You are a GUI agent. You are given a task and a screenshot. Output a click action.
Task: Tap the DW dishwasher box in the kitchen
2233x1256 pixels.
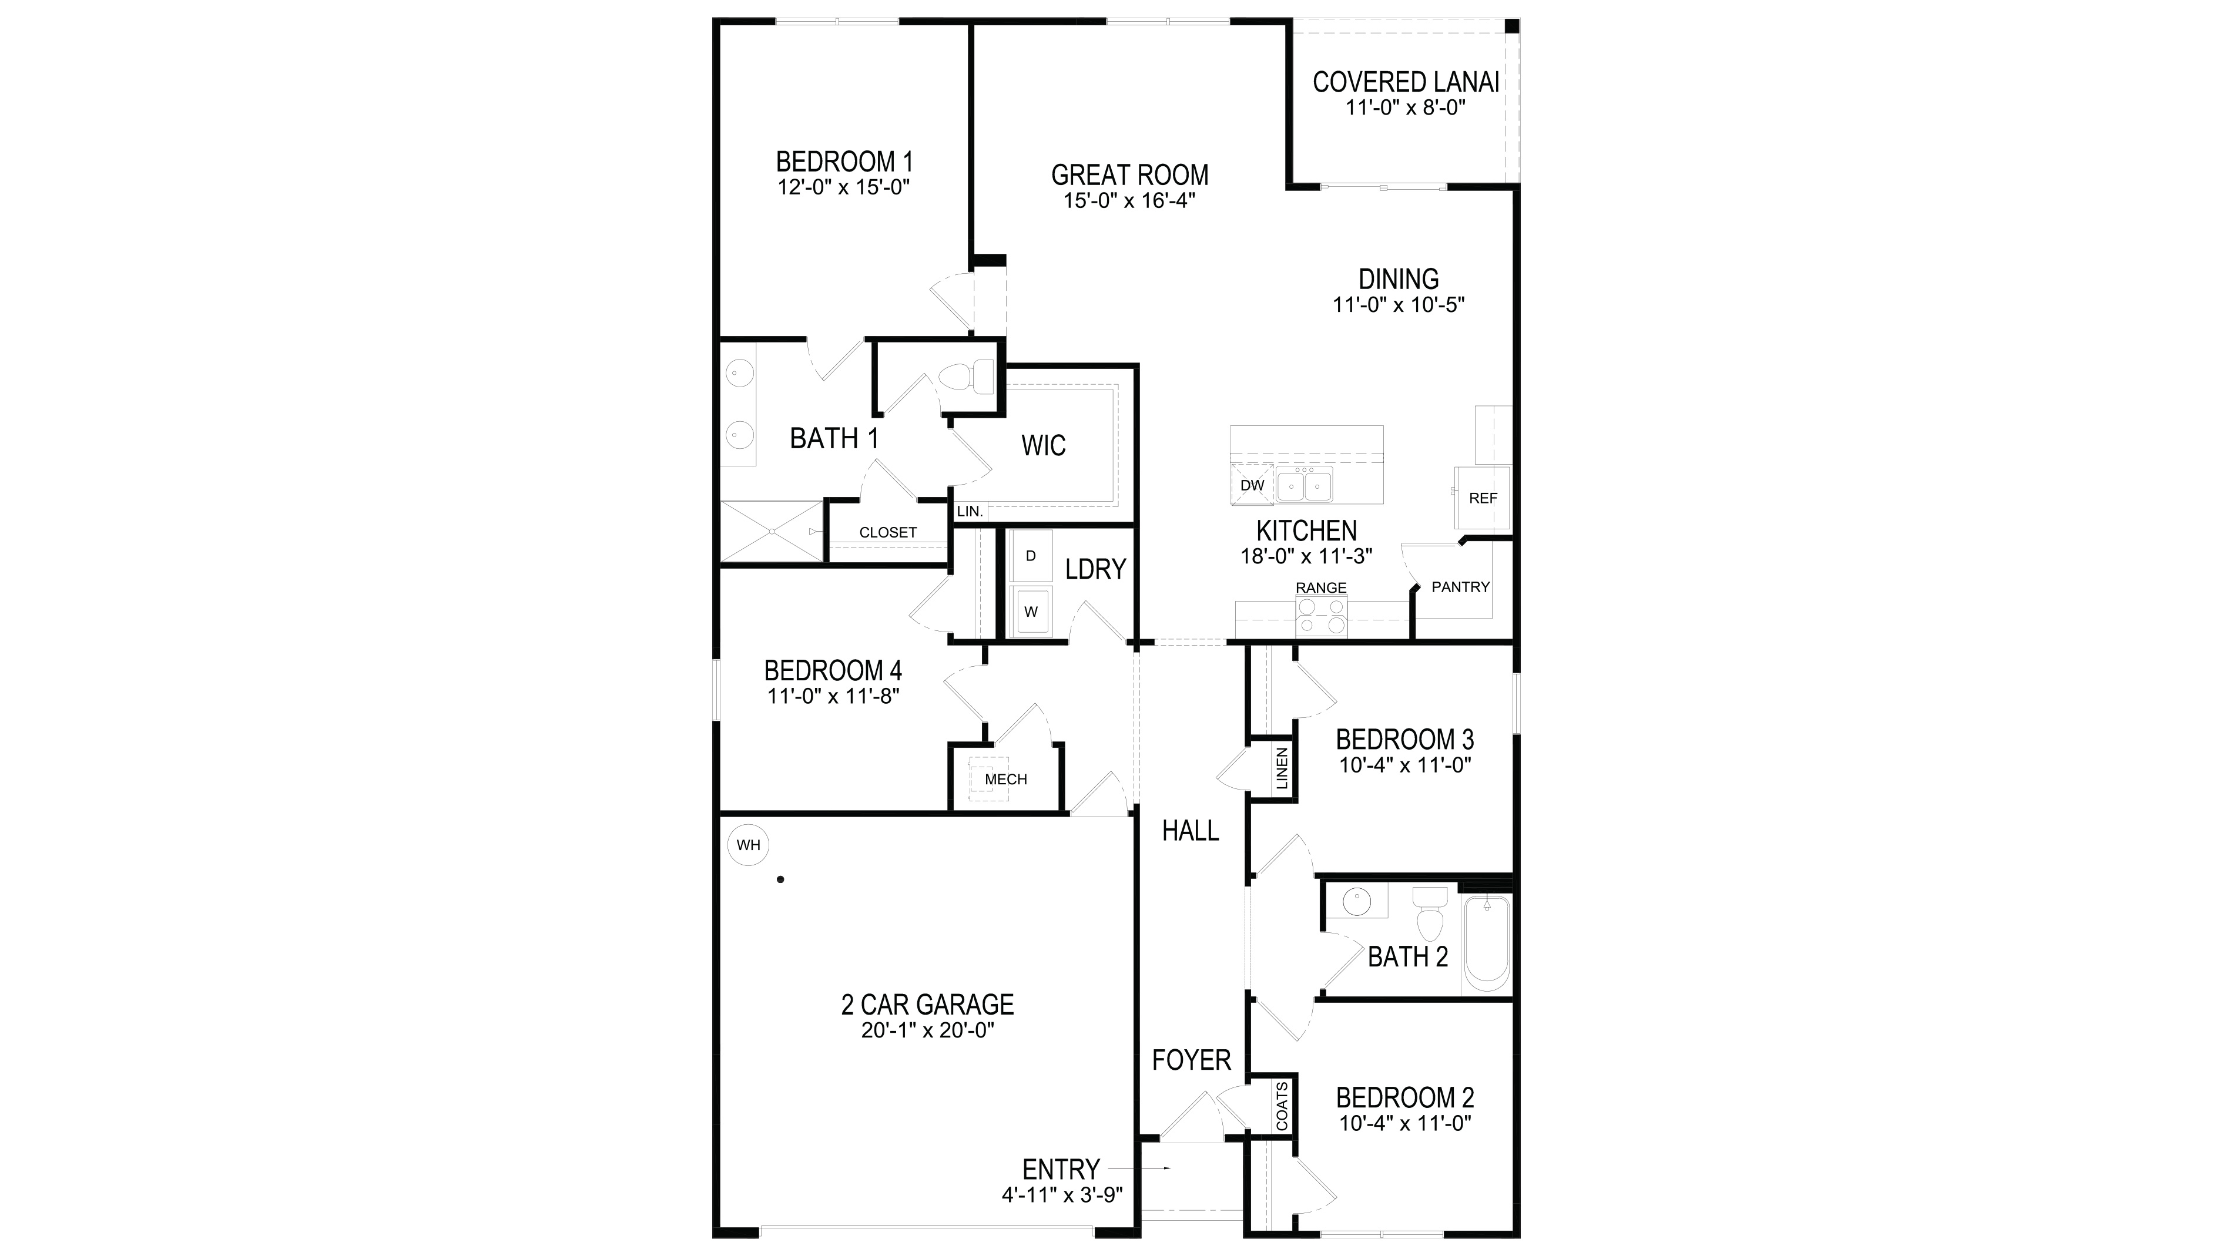(x=1252, y=485)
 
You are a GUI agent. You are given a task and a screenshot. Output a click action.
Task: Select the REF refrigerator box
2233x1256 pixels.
(x=1483, y=498)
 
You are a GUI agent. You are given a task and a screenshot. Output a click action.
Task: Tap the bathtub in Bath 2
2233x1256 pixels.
(x=1487, y=944)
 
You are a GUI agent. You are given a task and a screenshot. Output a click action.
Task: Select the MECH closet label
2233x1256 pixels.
(x=1005, y=779)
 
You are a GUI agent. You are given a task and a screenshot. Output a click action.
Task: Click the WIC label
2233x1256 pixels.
(x=1044, y=445)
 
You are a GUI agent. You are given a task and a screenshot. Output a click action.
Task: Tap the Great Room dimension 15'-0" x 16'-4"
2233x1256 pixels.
(x=1129, y=201)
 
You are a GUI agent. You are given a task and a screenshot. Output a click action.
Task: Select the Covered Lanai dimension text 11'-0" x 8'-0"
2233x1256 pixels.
(x=1405, y=108)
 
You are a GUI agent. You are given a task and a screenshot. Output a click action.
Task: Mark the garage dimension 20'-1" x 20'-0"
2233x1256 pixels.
(x=927, y=1030)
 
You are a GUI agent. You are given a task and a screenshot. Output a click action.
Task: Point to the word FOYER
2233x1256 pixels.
(x=1191, y=1060)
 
